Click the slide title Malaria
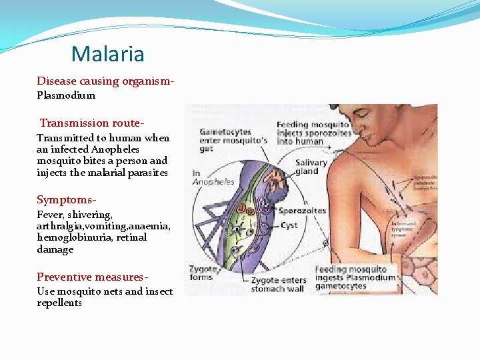[107, 53]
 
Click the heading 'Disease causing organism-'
[105, 81]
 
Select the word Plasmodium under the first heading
[66, 95]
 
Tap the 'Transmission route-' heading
[92, 123]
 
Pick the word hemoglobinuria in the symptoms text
[68, 237]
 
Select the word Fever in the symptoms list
[49, 215]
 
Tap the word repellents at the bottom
[59, 303]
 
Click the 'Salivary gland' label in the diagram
[311, 167]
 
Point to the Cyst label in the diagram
[289, 225]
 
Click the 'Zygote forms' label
[201, 273]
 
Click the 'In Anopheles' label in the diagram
[213, 177]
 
